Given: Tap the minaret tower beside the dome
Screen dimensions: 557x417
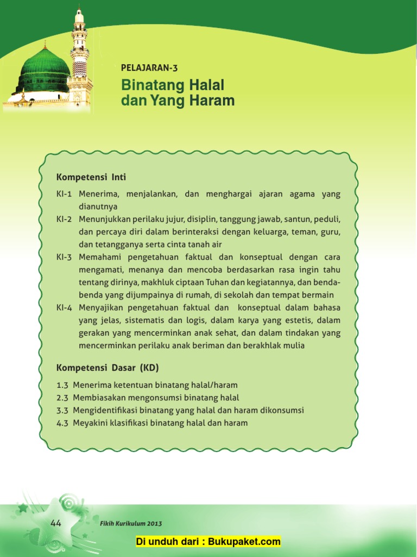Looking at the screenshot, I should click(80, 54).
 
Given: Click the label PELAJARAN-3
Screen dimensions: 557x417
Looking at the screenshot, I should click(149, 68).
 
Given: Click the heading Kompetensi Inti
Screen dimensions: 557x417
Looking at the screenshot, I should click(91, 177).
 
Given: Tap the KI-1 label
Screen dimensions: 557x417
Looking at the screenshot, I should click(64, 194).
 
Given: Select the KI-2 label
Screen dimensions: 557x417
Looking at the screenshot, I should click(64, 219).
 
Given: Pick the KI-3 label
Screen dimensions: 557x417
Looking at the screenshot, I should click(64, 257).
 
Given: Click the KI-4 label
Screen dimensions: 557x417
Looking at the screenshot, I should click(64, 307).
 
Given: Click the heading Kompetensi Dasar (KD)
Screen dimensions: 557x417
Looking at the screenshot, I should click(108, 368).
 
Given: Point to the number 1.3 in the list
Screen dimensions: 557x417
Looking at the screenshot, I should click(62, 385).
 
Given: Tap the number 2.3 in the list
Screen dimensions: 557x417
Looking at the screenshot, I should click(62, 398).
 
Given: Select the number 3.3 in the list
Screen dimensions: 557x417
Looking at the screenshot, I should click(62, 410).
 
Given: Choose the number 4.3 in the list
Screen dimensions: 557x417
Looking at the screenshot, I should click(62, 423).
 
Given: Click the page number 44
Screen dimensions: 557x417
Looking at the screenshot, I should click(56, 523).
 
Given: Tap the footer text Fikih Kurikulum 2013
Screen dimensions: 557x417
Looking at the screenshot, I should click(131, 524).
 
